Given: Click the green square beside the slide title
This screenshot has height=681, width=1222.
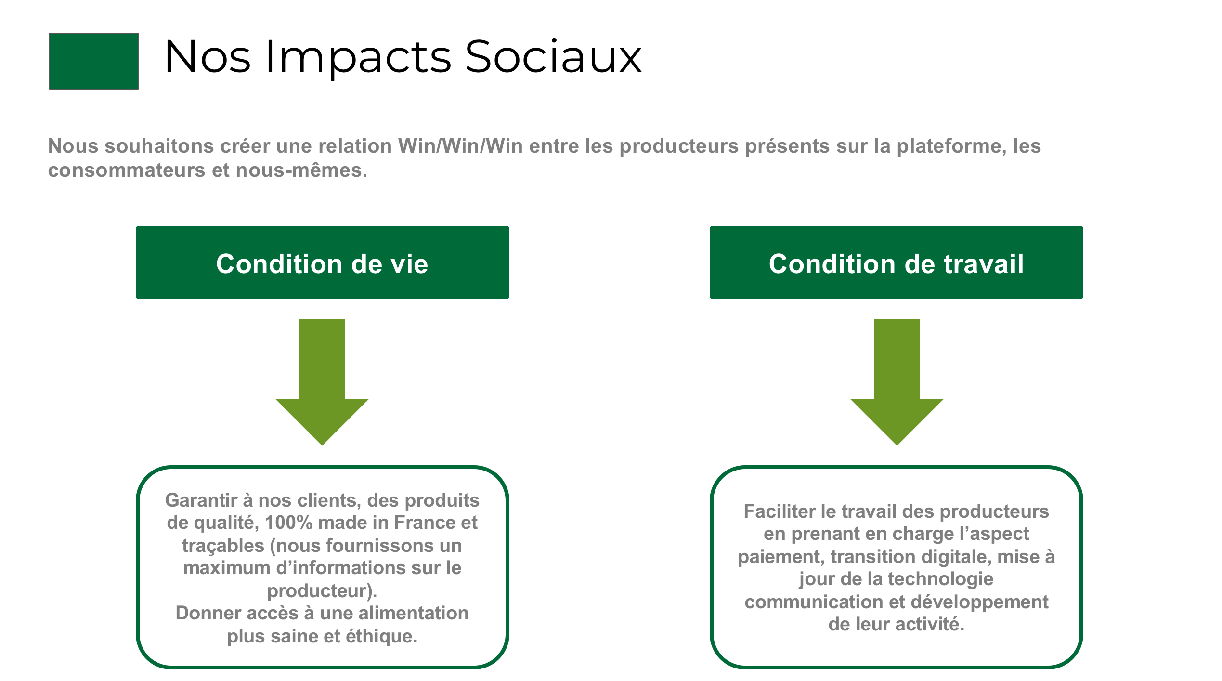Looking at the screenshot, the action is coord(94,61).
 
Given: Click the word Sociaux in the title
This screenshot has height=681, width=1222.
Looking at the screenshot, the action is coord(553,57).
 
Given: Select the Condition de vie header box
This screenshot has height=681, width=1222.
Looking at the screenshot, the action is coord(323,262).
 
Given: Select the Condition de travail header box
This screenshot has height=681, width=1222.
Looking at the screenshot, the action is coord(897,262).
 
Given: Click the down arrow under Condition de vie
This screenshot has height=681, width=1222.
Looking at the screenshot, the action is coord(322,382).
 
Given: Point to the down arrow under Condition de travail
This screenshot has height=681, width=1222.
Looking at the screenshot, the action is coord(897,382).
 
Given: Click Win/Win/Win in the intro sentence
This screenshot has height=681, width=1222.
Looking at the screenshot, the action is coord(461,146).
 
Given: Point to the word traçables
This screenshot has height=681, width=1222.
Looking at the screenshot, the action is coord(223,546).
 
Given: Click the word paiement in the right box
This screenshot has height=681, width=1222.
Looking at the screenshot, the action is coord(782,557).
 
